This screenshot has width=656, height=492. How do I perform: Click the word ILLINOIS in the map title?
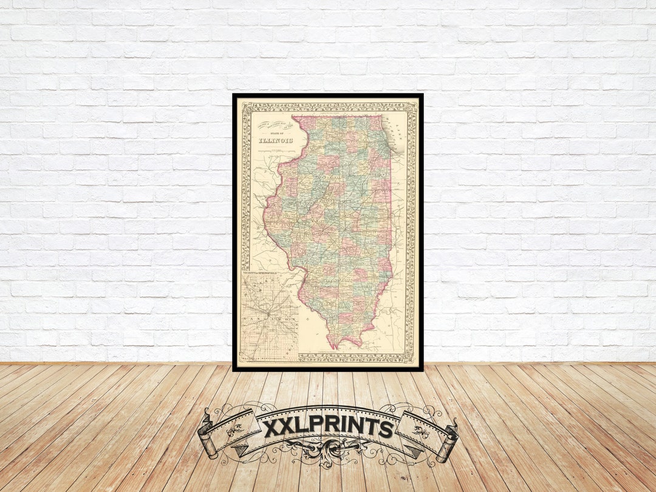click(x=276, y=141)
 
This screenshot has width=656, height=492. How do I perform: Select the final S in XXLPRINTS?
click(x=385, y=428)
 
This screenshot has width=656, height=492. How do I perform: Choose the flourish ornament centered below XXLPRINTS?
click(x=328, y=451)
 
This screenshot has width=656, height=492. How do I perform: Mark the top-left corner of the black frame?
click(x=234, y=95)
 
